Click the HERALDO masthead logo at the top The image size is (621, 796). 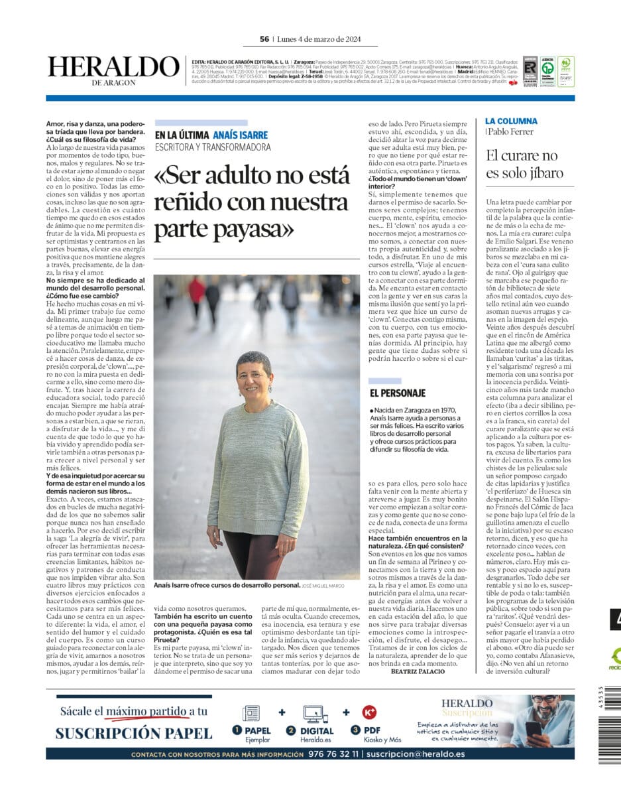[113, 67]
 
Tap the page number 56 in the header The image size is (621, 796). [264, 39]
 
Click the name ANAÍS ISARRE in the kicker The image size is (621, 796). [242, 135]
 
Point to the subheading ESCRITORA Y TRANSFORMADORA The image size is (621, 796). [213, 147]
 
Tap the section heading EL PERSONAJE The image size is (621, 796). [398, 393]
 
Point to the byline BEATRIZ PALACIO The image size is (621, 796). [418, 671]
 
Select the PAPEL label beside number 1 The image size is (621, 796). [258, 730]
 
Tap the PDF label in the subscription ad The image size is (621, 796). [374, 730]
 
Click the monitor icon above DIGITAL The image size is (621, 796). [315, 714]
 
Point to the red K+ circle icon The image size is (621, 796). [369, 712]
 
